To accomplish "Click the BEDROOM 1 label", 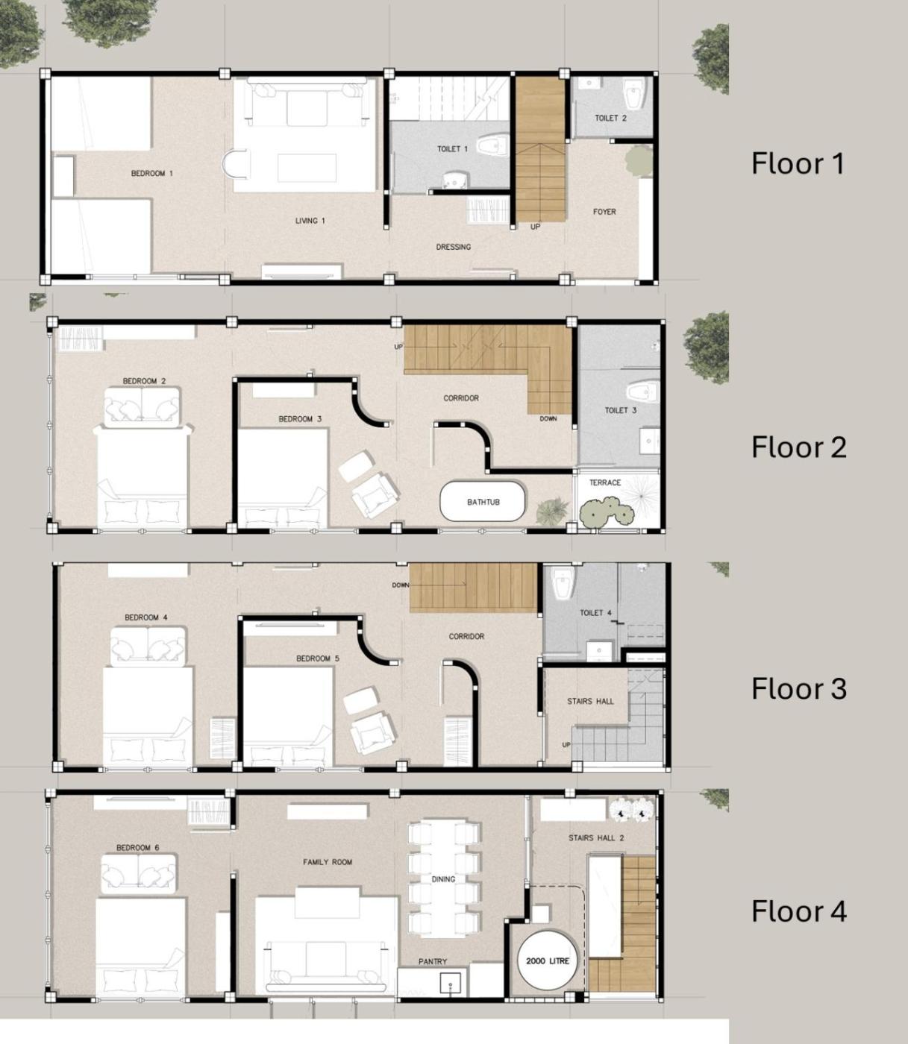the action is [151, 174].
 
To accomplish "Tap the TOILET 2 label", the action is [610, 118].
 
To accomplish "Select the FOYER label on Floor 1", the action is [604, 211].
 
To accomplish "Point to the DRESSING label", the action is [453, 247].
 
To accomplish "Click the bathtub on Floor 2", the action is [483, 502].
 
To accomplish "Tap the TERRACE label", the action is [605, 482].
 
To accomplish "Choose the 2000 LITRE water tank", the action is [548, 960].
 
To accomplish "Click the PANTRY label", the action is [432, 961].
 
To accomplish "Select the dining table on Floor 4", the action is [443, 878].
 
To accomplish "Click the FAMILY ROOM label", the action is [328, 862].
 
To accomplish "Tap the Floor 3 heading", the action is [799, 688].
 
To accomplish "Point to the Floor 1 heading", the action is [798, 163].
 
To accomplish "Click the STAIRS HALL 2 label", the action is [596, 838].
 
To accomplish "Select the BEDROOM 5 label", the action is [318, 658].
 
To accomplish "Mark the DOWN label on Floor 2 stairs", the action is [548, 418].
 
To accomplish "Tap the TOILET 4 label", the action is [595, 612].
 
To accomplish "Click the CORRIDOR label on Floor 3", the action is [466, 636].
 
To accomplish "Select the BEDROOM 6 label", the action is [138, 848].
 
